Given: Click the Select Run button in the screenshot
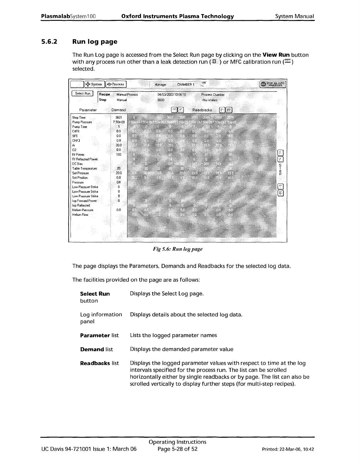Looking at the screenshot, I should click(82, 94).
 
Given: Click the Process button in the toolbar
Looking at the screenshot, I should click(116, 84).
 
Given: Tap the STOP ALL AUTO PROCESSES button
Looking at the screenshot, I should click(273, 84).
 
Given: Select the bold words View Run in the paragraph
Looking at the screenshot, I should click(276, 55).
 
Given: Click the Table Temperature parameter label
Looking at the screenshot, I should click(84, 169).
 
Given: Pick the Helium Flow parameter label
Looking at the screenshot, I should click(80, 215).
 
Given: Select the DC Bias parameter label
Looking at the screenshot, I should click(77, 164).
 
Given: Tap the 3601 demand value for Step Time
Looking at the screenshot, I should click(119, 118).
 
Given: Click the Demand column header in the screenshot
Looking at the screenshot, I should click(119, 110).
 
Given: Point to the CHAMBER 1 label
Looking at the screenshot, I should click(186, 85).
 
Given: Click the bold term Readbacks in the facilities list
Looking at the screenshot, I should click(95, 363).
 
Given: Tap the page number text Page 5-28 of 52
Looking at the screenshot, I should click(178, 449).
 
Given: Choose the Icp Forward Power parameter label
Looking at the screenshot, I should click(84, 201).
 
